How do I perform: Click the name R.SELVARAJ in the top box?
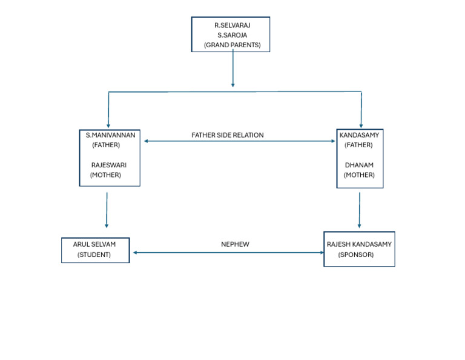tap(232, 25)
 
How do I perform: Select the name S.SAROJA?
tap(232, 35)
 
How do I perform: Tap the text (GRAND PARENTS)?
tap(232, 45)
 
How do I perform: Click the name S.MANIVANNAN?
tap(110, 135)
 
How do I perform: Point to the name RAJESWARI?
tap(108, 165)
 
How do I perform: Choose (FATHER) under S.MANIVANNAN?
tap(106, 145)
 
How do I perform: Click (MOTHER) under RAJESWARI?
tap(105, 175)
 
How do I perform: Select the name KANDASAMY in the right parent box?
tap(359, 135)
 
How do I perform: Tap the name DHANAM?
tap(359, 165)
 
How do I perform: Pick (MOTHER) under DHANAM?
tap(359, 175)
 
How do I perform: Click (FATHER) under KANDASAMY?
tap(359, 145)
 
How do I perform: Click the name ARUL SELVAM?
tap(94, 244)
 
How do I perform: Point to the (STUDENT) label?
tap(94, 255)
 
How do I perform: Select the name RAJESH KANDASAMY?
tap(359, 244)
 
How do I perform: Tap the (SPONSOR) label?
tap(356, 255)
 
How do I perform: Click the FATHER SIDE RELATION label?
tap(228, 135)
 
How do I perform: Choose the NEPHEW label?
tap(235, 244)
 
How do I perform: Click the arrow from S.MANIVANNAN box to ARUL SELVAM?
tap(107, 210)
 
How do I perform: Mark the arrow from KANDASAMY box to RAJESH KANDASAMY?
tap(360, 210)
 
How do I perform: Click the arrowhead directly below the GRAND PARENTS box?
tap(232, 84)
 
